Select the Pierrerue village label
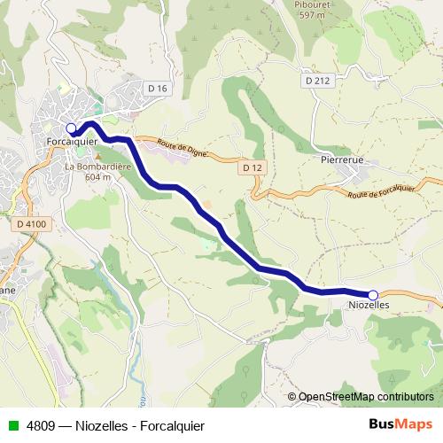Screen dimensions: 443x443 [x=342, y=161]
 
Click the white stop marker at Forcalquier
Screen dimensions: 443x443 [x=71, y=128]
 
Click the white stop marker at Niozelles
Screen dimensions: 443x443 [x=373, y=294]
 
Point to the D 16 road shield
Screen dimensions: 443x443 [x=158, y=88]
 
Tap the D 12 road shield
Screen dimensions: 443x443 [x=253, y=167]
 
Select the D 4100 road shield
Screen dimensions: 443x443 [x=32, y=225]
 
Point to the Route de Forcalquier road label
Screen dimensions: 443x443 [x=382, y=189]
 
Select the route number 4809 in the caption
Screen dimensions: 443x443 [x=39, y=424]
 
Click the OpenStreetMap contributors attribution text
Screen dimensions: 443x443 [x=366, y=397]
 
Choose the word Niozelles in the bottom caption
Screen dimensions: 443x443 [x=99, y=424]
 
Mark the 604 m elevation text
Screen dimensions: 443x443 [x=97, y=176]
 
